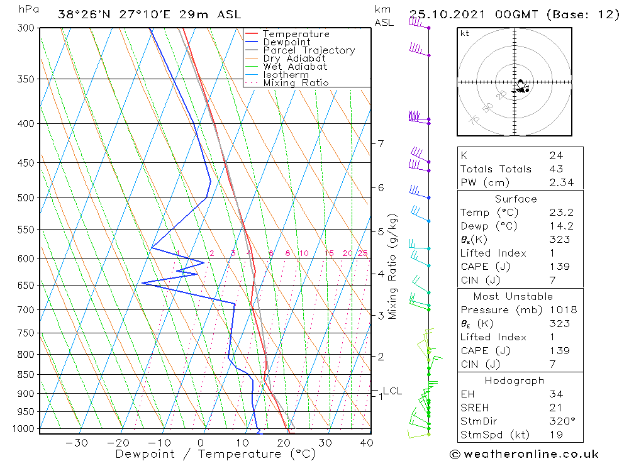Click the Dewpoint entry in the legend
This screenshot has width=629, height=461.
pos(286,42)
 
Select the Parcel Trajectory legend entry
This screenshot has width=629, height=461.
pos(309,50)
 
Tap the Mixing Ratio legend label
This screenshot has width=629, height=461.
pos(296,82)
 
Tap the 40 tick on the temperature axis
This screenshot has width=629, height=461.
pos(366,443)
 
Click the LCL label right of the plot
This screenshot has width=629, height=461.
pos(392,391)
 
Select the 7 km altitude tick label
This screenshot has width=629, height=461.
pos(381,143)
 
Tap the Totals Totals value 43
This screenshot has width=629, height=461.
pos(556,169)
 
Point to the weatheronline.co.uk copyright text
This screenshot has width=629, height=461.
pos(524,454)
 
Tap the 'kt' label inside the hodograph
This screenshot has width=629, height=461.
pos(465,33)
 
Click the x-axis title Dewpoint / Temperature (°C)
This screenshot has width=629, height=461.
pos(215,453)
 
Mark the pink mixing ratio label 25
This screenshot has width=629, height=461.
pos(362,253)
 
